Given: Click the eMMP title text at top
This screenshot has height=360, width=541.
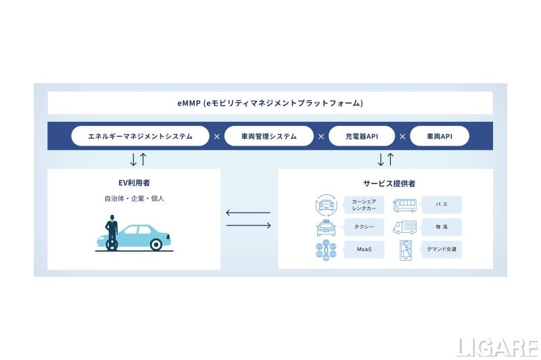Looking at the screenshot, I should pyautogui.click(x=270, y=103).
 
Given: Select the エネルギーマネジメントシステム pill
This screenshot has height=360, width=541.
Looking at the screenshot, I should pyautogui.click(x=140, y=136).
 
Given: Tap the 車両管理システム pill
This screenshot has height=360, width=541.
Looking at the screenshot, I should pyautogui.click(x=268, y=136).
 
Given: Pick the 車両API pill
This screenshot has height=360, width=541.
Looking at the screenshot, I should pyautogui.click(x=439, y=136).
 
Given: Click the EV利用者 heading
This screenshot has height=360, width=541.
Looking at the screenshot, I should pyautogui.click(x=134, y=183).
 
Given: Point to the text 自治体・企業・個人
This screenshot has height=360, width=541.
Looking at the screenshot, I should pyautogui.click(x=134, y=199).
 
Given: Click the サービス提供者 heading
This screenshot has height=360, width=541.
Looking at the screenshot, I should pyautogui.click(x=385, y=183).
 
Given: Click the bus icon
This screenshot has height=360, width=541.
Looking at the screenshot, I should pyautogui.click(x=405, y=204).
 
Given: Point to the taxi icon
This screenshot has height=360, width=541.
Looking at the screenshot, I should pyautogui.click(x=326, y=227).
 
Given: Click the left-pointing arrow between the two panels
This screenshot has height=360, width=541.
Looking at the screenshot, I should pyautogui.click(x=248, y=213).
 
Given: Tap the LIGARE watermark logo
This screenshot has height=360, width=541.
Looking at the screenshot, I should pyautogui.click(x=497, y=346).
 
